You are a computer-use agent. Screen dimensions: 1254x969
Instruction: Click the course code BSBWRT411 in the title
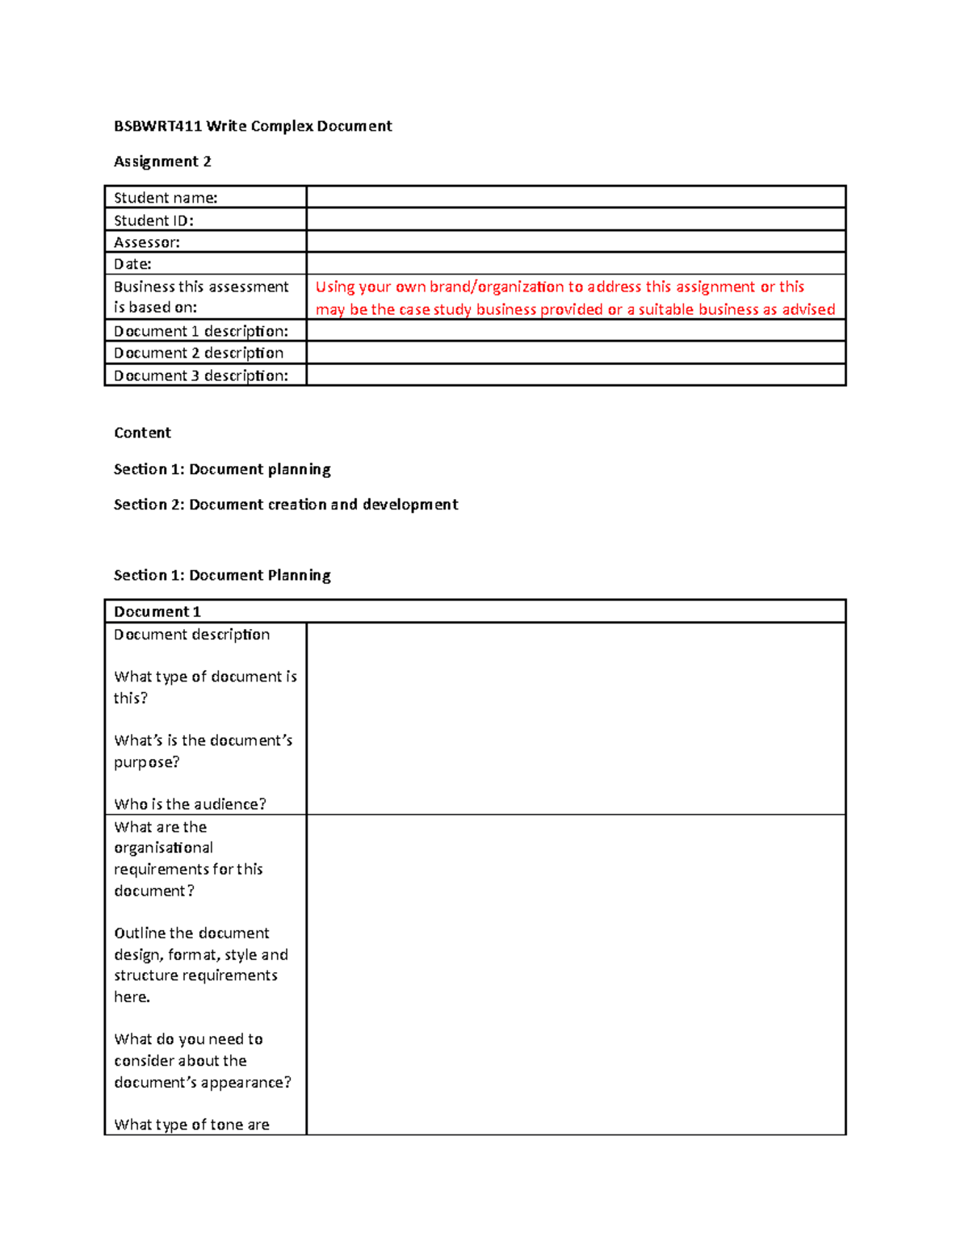157,126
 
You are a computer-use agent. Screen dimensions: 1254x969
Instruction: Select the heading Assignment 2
162,161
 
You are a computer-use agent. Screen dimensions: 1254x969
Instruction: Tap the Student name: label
166,198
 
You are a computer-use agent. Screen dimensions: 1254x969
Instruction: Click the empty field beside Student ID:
575,220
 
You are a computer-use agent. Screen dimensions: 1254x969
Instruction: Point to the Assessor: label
147,242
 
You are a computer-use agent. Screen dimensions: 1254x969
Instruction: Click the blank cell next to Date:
575,264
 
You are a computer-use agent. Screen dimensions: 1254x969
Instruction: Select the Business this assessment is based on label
201,297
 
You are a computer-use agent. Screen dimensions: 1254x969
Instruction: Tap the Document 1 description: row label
201,331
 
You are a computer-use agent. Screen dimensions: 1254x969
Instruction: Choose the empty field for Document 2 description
575,353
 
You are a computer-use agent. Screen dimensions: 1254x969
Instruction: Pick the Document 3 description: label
201,375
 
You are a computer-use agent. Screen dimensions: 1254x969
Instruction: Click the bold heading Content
142,433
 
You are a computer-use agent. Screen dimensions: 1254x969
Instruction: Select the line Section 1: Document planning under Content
222,469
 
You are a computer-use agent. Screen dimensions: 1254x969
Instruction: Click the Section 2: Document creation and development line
286,505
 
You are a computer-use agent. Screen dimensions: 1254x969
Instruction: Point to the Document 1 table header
157,612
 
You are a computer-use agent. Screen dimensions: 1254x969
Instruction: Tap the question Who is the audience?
190,804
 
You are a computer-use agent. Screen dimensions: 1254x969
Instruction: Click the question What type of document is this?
205,687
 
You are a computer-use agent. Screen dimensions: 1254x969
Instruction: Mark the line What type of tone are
191,1125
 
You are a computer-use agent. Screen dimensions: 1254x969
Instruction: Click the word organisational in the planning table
163,848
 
